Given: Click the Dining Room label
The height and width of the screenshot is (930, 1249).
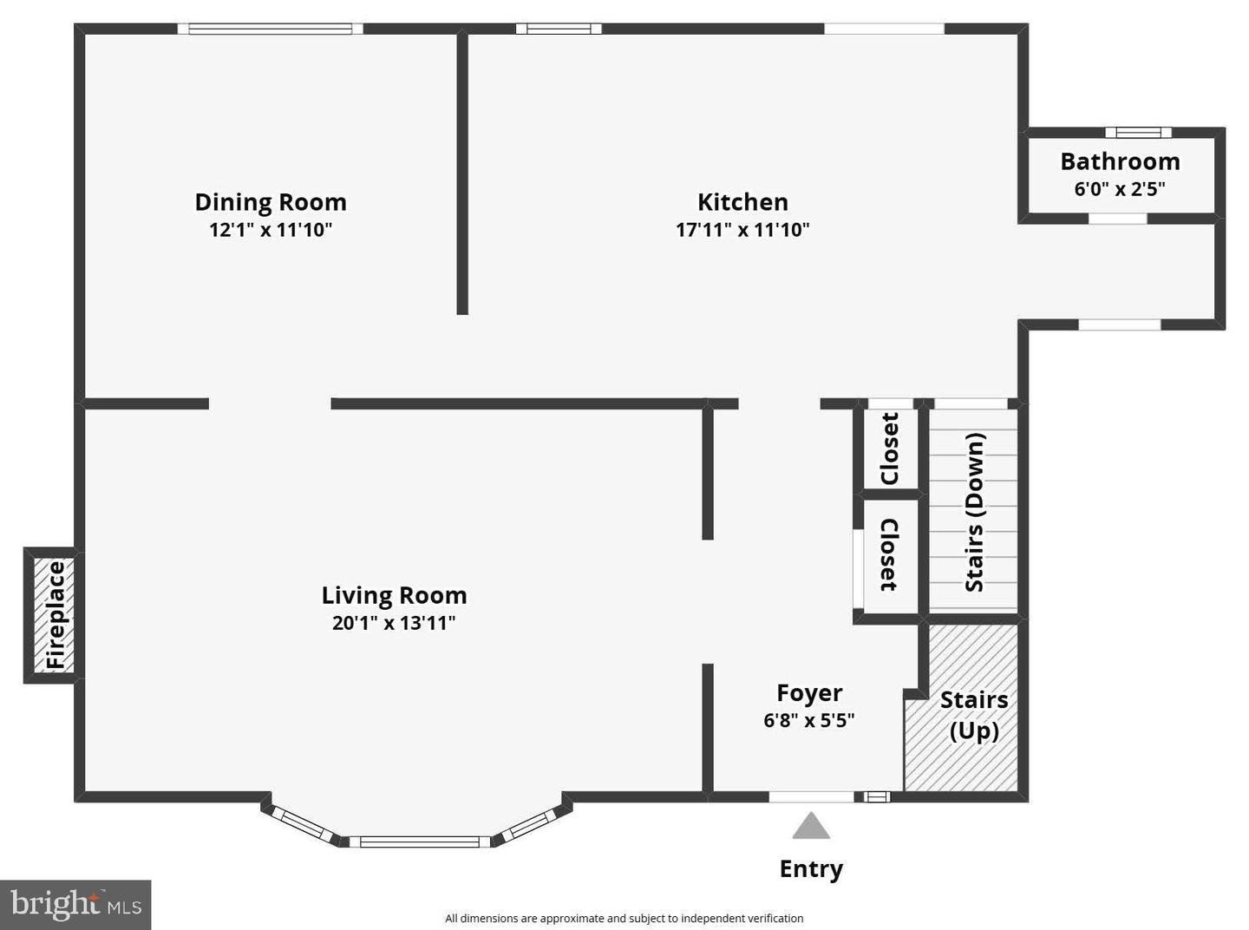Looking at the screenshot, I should click(x=271, y=202).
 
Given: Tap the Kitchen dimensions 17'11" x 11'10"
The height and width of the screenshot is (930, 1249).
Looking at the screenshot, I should click(x=742, y=230).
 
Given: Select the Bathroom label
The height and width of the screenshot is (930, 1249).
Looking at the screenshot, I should click(x=1120, y=161).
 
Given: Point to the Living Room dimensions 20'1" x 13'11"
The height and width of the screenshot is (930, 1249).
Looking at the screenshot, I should click(x=394, y=623).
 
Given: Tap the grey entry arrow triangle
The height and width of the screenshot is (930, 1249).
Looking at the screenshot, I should click(x=811, y=827).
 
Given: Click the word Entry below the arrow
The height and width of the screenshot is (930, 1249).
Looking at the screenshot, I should click(x=811, y=868).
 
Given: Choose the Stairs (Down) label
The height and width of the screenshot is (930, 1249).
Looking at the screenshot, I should click(x=975, y=512).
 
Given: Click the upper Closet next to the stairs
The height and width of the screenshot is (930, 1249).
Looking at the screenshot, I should click(x=890, y=449).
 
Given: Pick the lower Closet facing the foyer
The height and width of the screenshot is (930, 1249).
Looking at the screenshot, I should click(x=889, y=555).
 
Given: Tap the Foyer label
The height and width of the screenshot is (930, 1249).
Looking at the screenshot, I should click(x=809, y=692).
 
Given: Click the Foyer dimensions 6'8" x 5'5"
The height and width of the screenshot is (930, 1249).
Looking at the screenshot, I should click(x=809, y=720).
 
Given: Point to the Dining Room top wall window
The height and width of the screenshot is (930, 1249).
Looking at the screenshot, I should click(x=271, y=29).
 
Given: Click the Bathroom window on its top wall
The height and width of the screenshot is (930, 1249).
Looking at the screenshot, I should click(x=1138, y=133).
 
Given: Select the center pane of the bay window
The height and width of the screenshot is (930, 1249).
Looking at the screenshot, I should click(x=420, y=842).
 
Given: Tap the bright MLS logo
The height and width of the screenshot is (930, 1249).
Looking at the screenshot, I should click(x=75, y=905).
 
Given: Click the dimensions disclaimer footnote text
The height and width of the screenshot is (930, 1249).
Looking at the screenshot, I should click(x=624, y=918).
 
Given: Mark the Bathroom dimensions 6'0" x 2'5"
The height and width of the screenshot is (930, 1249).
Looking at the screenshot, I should click(x=1120, y=189).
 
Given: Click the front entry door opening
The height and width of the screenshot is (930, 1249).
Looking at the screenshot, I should click(x=812, y=796).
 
